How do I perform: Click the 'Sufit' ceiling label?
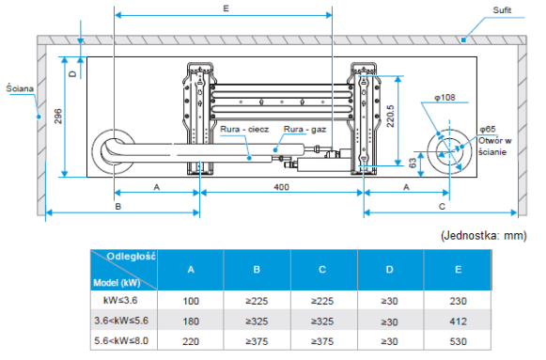point(502,10)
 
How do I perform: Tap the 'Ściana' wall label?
point(20,88)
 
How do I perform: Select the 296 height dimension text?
point(58,117)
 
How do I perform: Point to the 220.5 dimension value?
point(390,117)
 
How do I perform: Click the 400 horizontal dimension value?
point(281,187)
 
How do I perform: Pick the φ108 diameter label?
point(445,98)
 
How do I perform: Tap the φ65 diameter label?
point(488,129)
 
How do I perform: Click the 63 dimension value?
point(413,163)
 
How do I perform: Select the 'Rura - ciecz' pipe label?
point(244,130)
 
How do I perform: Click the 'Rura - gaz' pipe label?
point(304,130)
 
